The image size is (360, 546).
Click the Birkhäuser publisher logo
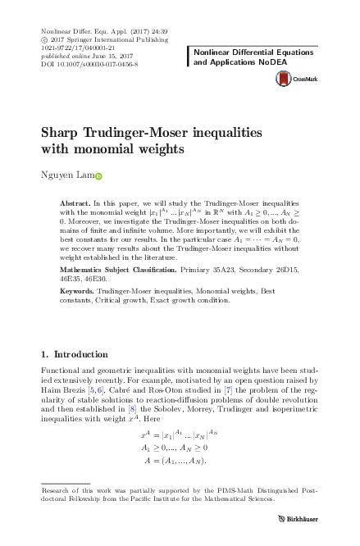tap(305, 518)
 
